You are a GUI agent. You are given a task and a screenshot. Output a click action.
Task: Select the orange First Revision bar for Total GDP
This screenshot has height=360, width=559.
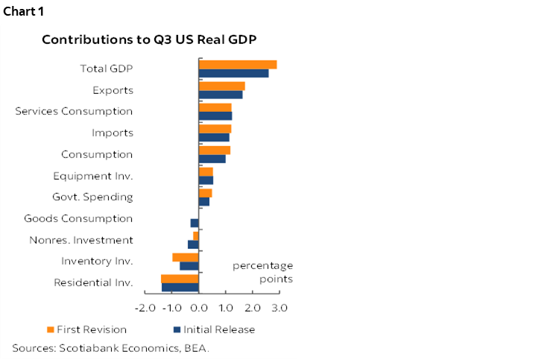237,65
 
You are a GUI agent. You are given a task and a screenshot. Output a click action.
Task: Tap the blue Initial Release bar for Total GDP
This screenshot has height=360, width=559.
233,73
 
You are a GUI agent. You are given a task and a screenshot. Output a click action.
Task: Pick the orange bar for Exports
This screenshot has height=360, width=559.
221,86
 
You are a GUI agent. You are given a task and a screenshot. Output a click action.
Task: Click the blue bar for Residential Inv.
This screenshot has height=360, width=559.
180,287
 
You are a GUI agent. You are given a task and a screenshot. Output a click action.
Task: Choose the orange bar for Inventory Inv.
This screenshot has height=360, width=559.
186,257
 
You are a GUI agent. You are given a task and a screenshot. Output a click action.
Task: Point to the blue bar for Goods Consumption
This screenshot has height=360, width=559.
195,223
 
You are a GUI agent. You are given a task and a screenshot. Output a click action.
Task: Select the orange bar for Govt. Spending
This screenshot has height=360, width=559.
205,193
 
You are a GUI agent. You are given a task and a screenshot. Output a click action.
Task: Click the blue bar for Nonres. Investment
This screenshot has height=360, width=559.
193,244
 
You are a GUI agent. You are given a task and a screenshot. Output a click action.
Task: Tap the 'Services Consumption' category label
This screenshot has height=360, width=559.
74,111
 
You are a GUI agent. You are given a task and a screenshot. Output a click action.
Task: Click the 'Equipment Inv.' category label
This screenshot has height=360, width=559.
93,176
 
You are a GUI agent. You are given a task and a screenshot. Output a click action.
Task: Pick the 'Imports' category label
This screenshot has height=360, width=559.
113,133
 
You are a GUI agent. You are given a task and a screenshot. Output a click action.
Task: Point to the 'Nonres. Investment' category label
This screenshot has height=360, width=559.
81,240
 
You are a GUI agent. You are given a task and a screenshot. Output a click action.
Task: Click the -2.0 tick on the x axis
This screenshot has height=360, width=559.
145,307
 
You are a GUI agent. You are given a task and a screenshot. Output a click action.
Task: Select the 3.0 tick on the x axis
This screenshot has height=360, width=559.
279,307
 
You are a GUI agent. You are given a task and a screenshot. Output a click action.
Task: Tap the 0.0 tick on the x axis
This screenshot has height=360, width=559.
199,307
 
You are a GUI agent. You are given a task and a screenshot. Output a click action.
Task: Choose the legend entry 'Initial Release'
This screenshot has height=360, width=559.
220,329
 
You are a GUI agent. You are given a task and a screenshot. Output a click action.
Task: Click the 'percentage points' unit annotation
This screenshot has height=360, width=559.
262,272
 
